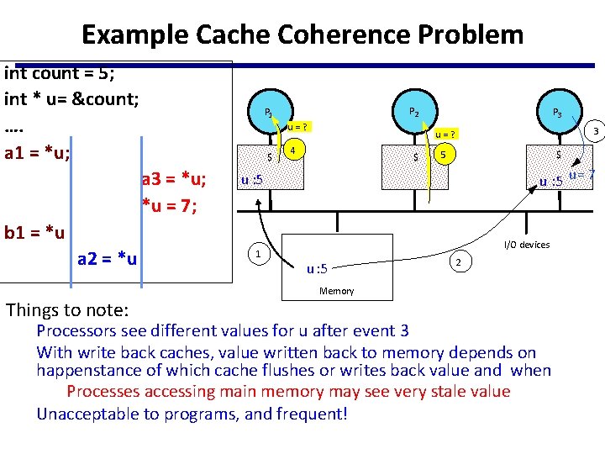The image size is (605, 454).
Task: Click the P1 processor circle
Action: coord(268,112)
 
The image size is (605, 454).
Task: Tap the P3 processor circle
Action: coord(556,113)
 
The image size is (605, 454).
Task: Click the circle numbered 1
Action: coord(256,253)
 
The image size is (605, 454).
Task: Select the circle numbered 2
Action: coord(457,261)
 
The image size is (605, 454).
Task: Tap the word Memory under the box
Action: coord(337,291)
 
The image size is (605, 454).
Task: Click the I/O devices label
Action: coord(526,245)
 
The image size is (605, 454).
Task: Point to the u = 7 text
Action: coord(581,175)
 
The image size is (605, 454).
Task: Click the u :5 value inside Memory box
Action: coord(317,269)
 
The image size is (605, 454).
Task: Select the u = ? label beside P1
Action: coord(297,127)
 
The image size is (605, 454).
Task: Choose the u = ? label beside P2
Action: coord(445,135)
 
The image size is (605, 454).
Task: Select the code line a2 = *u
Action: coord(107,258)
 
